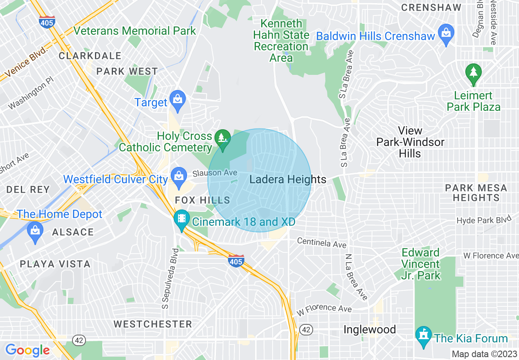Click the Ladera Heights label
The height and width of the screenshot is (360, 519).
pyautogui.click(x=288, y=180)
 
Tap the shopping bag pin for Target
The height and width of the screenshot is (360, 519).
pyautogui.click(x=178, y=100)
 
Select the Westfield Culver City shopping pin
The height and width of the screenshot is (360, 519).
pyautogui.click(x=178, y=177)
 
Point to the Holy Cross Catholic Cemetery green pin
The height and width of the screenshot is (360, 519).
pyautogui.click(x=223, y=138)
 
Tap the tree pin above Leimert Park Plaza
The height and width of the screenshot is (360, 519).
pyautogui.click(x=474, y=74)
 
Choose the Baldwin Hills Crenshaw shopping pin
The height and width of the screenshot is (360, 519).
pyautogui.click(x=446, y=33)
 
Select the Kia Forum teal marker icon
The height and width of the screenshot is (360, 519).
pyautogui.click(x=423, y=336)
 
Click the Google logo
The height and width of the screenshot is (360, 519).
pyautogui.click(x=27, y=350)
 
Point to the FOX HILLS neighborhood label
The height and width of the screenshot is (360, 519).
pyautogui.click(x=202, y=200)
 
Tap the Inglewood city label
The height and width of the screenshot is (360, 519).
pyautogui.click(x=369, y=330)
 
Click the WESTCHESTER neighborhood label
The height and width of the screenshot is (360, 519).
pyautogui.click(x=153, y=324)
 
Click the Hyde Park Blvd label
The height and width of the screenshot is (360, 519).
pyautogui.click(x=484, y=220)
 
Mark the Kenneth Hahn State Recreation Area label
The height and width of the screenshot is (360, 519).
pyautogui.click(x=281, y=41)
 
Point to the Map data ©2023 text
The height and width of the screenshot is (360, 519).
pyautogui.click(x=484, y=354)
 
